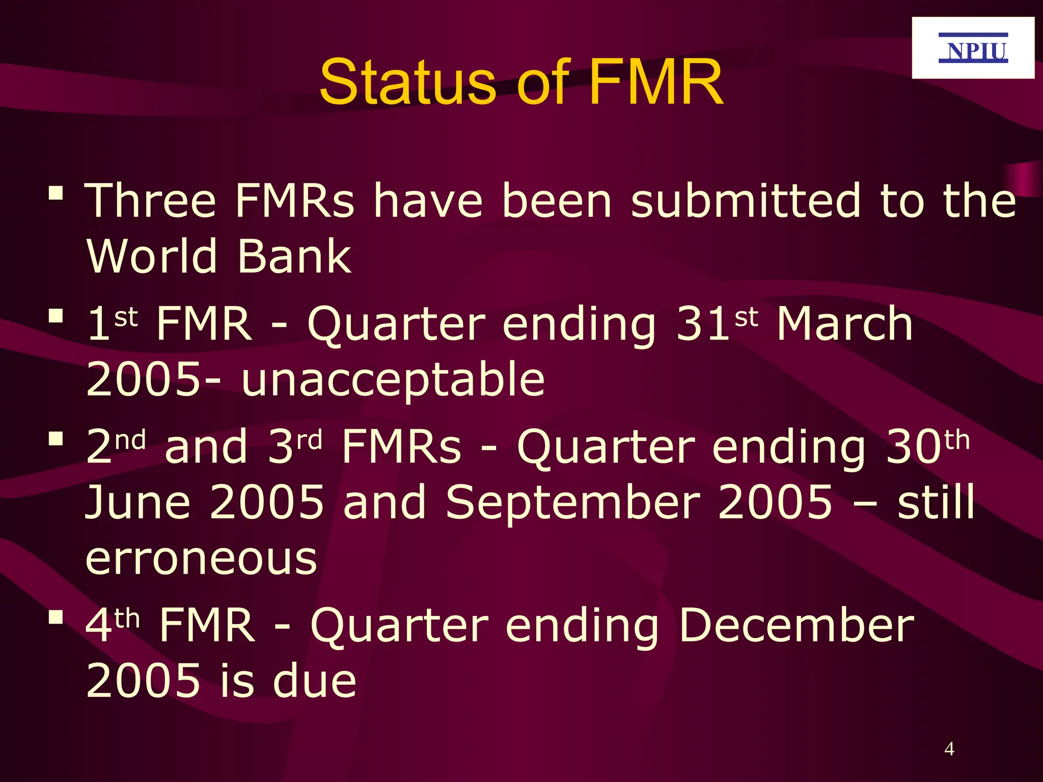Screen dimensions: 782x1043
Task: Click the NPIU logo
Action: point(973,48)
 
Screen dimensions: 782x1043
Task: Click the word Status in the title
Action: point(407,82)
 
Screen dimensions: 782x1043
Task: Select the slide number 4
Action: point(949,749)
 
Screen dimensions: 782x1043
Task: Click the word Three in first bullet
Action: point(150,201)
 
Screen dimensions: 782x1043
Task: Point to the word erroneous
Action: point(201,558)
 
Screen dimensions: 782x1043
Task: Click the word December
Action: point(796,626)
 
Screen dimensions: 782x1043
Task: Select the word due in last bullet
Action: point(314,681)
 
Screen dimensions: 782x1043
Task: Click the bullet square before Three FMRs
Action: point(56,193)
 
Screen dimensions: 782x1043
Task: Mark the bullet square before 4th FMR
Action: point(56,618)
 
